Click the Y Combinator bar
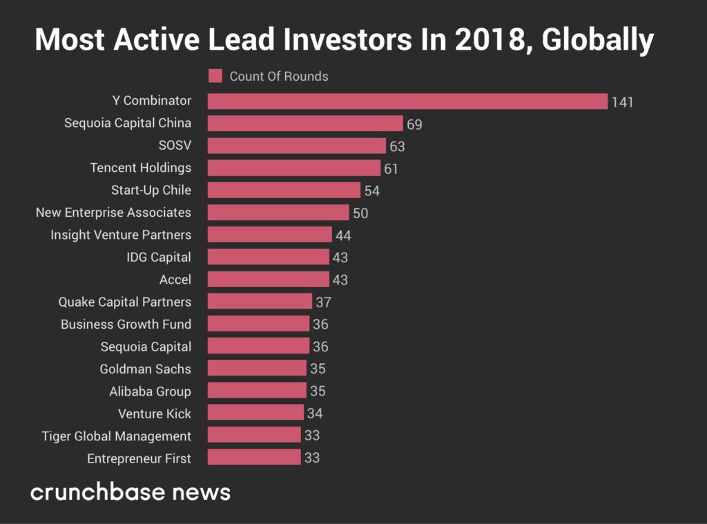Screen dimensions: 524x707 click(407, 101)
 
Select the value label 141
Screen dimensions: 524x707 click(622, 102)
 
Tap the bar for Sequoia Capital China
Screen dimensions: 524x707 click(305, 124)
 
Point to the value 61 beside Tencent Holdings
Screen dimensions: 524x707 click(391, 168)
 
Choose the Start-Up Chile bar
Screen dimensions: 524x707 click(284, 191)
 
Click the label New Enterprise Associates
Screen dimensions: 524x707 click(113, 212)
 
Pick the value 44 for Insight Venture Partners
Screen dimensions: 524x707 click(343, 235)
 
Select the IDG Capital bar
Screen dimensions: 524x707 click(269, 257)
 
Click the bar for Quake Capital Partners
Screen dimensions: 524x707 click(260, 302)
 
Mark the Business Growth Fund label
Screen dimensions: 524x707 click(126, 324)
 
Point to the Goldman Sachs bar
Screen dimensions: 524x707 click(257, 369)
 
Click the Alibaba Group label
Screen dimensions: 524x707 click(150, 391)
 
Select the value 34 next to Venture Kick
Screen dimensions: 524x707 click(315, 414)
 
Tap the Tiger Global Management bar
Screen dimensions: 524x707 click(254, 436)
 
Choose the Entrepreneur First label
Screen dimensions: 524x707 click(139, 458)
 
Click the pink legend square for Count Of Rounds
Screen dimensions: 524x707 click(215, 76)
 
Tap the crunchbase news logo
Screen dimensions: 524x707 click(130, 492)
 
